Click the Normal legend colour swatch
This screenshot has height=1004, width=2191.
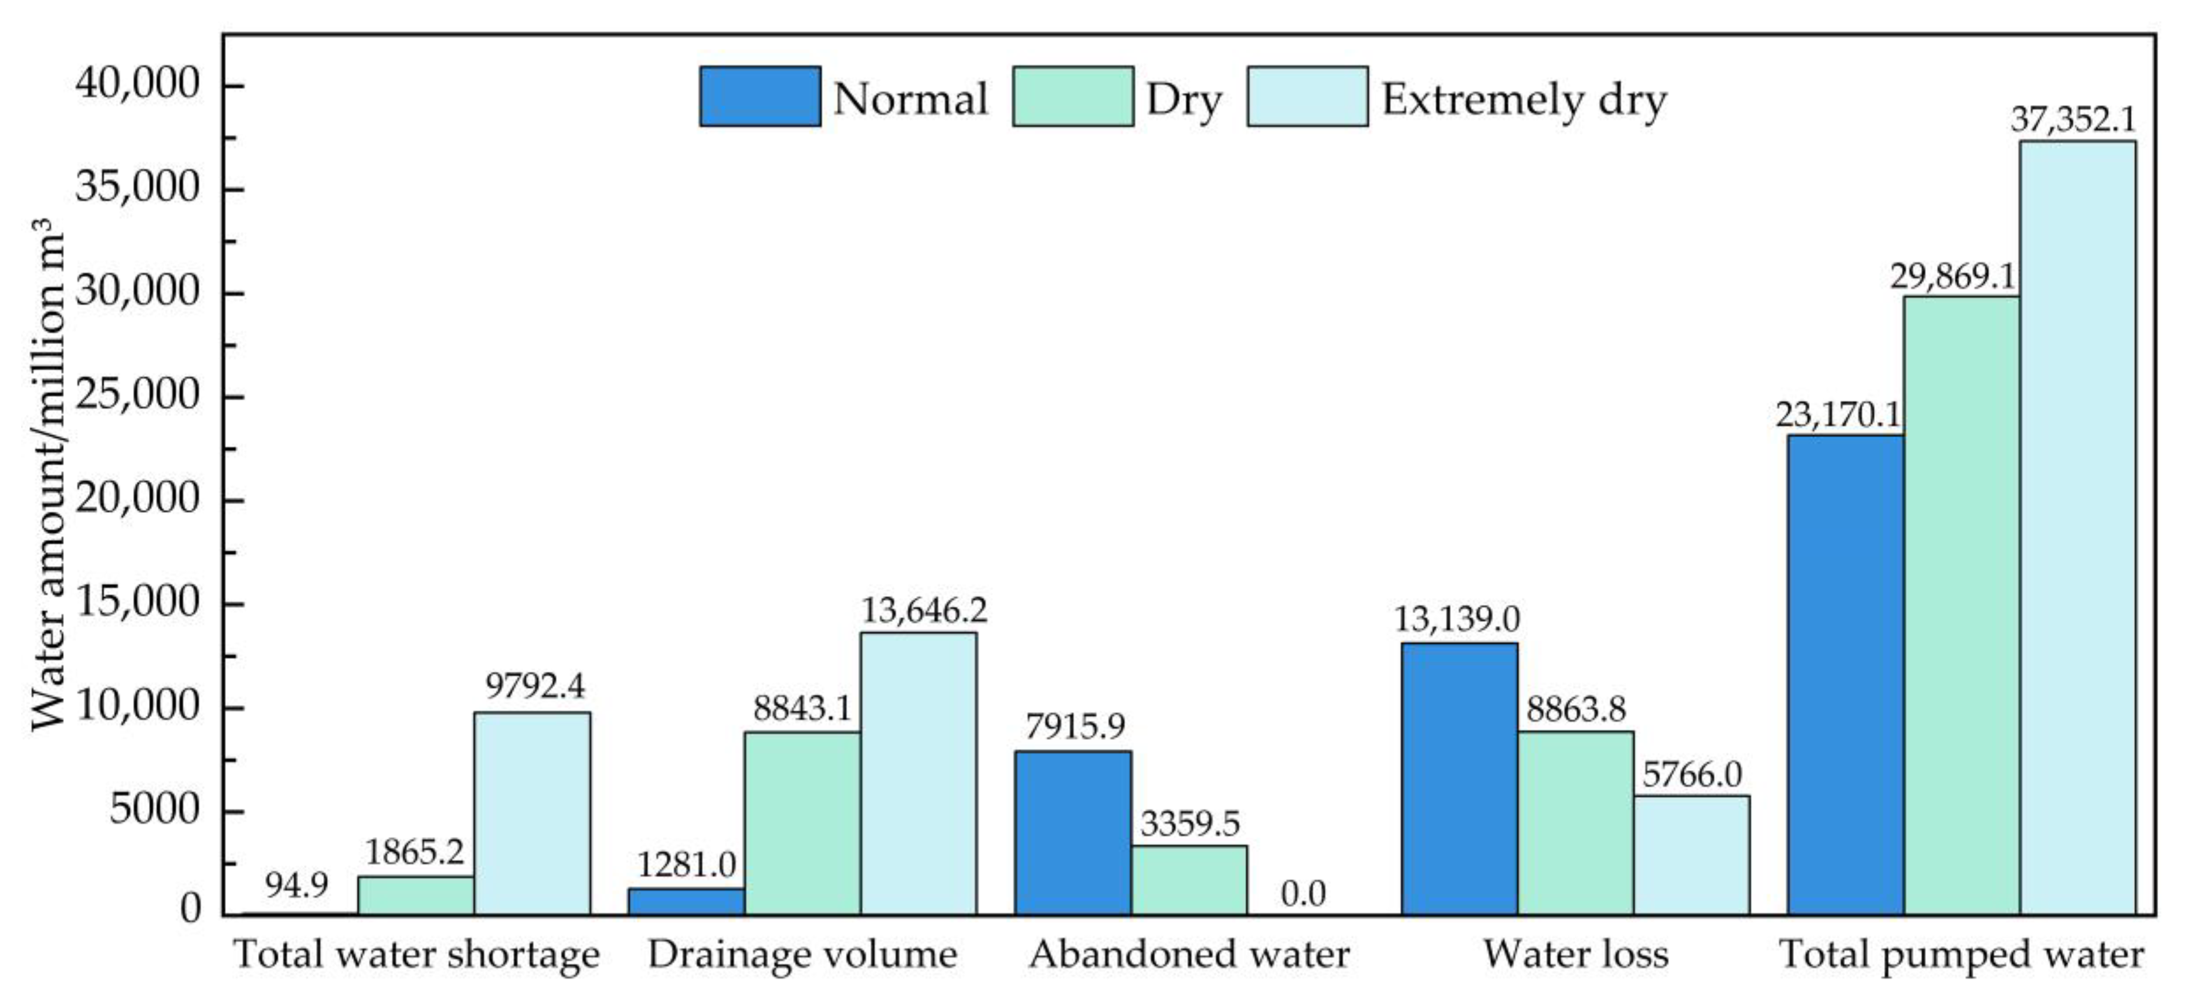click(x=759, y=97)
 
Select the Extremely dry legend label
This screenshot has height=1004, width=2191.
click(x=1524, y=100)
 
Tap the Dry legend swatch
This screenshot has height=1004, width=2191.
click(x=1073, y=97)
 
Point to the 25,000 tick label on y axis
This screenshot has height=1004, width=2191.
click(x=137, y=395)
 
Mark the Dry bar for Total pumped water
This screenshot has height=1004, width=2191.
click(x=1961, y=605)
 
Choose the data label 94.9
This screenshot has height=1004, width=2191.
click(x=296, y=886)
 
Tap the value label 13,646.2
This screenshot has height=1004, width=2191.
click(x=924, y=610)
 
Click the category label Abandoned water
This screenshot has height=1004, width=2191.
click(x=1188, y=954)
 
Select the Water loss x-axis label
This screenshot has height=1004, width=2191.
click(x=1575, y=954)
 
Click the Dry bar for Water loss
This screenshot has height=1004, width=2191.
click(x=1575, y=823)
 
